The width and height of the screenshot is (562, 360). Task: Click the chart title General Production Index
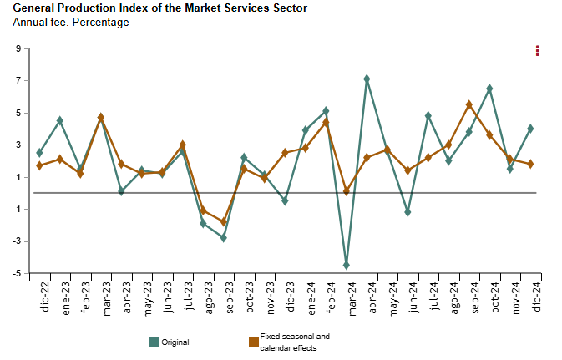click(159, 8)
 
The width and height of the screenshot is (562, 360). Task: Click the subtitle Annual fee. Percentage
click(71, 23)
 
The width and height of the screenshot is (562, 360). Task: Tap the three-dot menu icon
click(538, 51)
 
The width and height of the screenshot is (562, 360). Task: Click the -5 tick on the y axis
click(16, 273)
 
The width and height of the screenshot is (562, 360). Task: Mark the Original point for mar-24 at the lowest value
click(347, 266)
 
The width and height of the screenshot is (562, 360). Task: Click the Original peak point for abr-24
click(367, 79)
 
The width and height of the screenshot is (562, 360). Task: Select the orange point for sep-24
click(469, 104)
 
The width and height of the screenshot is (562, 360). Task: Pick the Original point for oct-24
click(489, 88)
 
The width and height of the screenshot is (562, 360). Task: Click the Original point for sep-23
click(224, 238)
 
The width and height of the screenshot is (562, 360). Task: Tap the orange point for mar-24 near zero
click(347, 191)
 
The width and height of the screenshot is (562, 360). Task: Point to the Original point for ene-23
click(60, 120)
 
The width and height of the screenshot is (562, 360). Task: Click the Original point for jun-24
click(408, 212)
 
